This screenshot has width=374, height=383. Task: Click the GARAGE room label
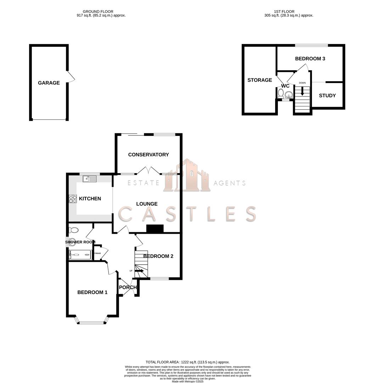(x=49, y=83)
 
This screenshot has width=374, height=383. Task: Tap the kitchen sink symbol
(x=90, y=179)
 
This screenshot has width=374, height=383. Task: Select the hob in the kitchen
(x=73, y=199)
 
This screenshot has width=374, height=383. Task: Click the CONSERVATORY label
(x=149, y=155)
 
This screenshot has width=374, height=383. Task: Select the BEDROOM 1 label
(x=93, y=293)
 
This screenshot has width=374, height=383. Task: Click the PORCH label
(x=128, y=287)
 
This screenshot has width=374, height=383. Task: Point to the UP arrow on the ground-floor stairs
(x=139, y=271)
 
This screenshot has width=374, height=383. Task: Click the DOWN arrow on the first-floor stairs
(x=302, y=91)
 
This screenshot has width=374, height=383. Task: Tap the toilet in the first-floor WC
(x=281, y=94)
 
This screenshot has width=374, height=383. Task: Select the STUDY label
(x=327, y=95)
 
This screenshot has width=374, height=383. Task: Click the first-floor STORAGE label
(x=259, y=80)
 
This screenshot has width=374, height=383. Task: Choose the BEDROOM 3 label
(x=310, y=59)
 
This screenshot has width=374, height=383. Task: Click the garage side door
(x=71, y=76)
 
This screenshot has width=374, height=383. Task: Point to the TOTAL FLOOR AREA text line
(x=187, y=362)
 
